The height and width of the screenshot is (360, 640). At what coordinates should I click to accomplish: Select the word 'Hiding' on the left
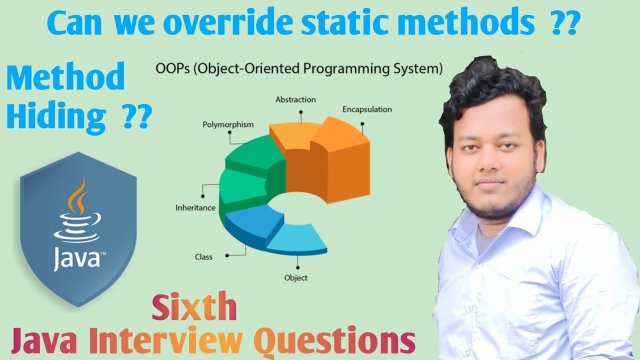coord(56,116)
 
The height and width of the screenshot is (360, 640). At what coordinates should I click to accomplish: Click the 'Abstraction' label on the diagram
coord(295,99)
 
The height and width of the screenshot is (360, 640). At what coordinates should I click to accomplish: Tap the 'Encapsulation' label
coord(367,109)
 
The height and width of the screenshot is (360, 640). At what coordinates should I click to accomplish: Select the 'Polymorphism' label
coord(228,125)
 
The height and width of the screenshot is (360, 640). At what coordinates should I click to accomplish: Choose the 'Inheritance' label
coord(195,207)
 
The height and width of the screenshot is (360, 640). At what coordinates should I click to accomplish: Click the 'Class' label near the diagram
coord(203,257)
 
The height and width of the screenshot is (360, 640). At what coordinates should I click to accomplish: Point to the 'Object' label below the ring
coord(295,277)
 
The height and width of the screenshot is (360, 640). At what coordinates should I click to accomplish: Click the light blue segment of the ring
coord(297,239)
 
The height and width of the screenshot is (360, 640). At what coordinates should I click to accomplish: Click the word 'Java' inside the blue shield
coord(77,258)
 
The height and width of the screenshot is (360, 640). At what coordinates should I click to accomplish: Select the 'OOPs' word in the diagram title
coord(172,69)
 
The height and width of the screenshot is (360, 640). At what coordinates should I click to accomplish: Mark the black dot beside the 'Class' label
coord(227,255)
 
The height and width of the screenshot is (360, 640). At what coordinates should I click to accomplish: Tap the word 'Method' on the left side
coord(65,76)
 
